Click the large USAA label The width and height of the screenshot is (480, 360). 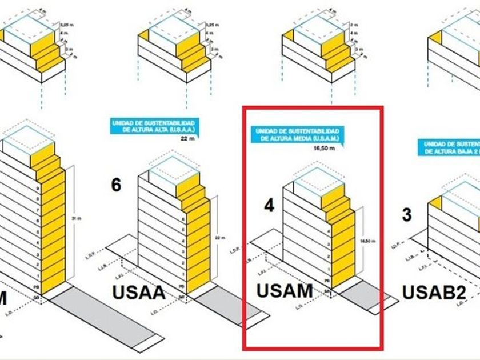(x=139, y=293)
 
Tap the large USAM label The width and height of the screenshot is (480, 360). (x=285, y=291)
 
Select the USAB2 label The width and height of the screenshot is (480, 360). (x=434, y=292)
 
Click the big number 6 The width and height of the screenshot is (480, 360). (x=116, y=186)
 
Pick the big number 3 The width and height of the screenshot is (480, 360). (x=407, y=215)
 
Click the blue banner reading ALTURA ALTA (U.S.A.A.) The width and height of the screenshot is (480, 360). (x=154, y=126)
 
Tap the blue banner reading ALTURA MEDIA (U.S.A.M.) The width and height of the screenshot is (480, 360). (x=297, y=135)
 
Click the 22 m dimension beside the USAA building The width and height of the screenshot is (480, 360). (x=217, y=238)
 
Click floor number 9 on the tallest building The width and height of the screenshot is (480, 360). (x=37, y=188)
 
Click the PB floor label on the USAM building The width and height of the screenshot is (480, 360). (x=326, y=281)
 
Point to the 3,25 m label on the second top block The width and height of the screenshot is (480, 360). (x=210, y=26)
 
